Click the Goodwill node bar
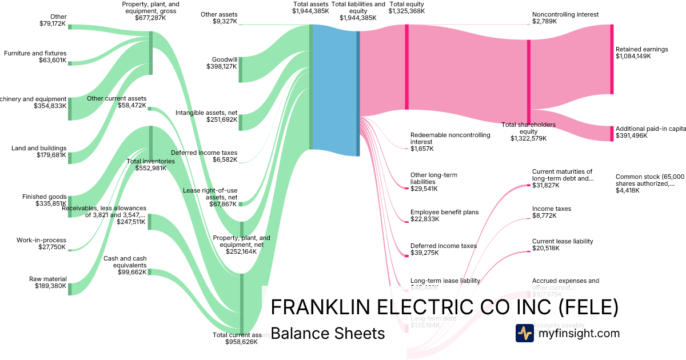[241, 69]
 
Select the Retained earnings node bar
[612, 59]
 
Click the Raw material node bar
[70, 289]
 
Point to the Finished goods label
[45, 197]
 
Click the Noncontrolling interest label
[565, 14]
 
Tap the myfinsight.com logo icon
[524, 333]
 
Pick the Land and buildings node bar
[70, 158]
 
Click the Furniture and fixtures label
[35, 53]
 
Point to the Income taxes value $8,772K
[544, 217]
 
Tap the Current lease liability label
[563, 242]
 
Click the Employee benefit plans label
[444, 213]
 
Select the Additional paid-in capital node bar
[612, 133]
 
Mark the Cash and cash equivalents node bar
[150, 271]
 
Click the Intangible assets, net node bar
[241, 122]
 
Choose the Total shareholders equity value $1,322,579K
[528, 138]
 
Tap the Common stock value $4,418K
[628, 191]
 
